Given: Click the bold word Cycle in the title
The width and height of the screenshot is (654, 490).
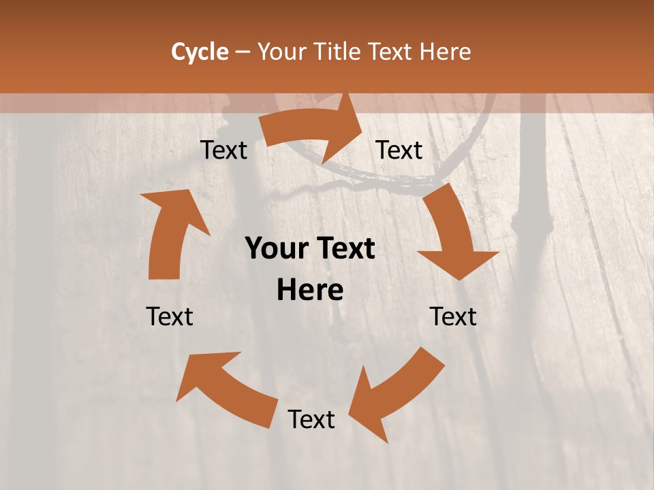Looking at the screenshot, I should (x=200, y=52).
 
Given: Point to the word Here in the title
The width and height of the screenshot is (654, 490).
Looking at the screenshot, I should (x=446, y=52).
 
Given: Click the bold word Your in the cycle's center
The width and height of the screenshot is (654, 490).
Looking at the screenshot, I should (x=276, y=249).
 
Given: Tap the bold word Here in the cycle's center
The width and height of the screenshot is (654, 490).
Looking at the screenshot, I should (x=310, y=291).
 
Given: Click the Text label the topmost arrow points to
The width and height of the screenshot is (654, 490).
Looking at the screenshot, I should (x=399, y=150).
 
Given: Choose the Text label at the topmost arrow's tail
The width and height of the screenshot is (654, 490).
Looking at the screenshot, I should (x=223, y=150).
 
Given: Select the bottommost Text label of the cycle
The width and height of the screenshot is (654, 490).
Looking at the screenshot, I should (x=311, y=419).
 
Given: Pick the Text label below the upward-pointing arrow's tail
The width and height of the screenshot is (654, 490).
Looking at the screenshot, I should (x=170, y=316).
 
